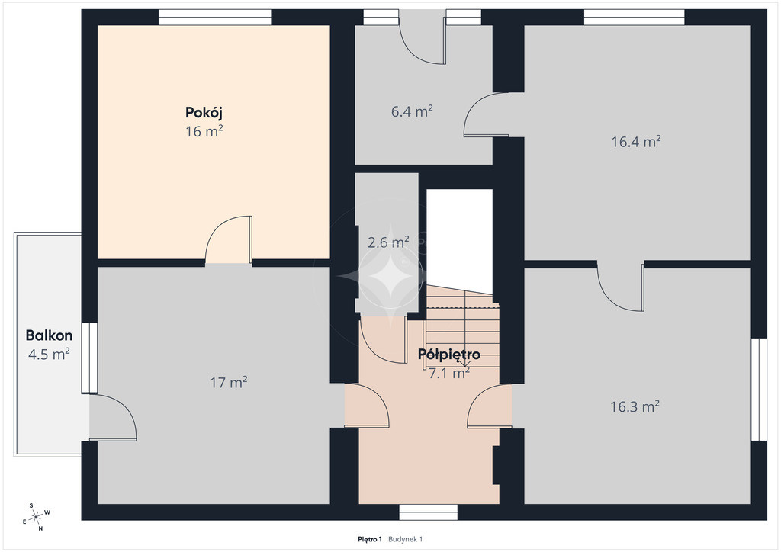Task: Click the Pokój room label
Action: [204, 113]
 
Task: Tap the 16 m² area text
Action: [204, 131]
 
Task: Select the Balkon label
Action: [49, 335]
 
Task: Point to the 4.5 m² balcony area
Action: [49, 355]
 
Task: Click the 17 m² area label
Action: [229, 382]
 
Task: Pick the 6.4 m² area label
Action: [412, 111]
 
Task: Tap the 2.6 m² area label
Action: [388, 242]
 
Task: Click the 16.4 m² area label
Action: [636, 142]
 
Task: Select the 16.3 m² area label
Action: [635, 406]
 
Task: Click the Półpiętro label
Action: [449, 355]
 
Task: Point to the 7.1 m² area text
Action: [449, 373]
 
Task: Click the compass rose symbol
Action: [37, 518]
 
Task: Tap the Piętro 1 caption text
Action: [370, 539]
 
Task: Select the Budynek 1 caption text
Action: [406, 539]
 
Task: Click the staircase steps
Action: [462, 329]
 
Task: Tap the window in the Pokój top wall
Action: [214, 18]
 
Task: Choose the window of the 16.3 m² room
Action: [759, 390]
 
